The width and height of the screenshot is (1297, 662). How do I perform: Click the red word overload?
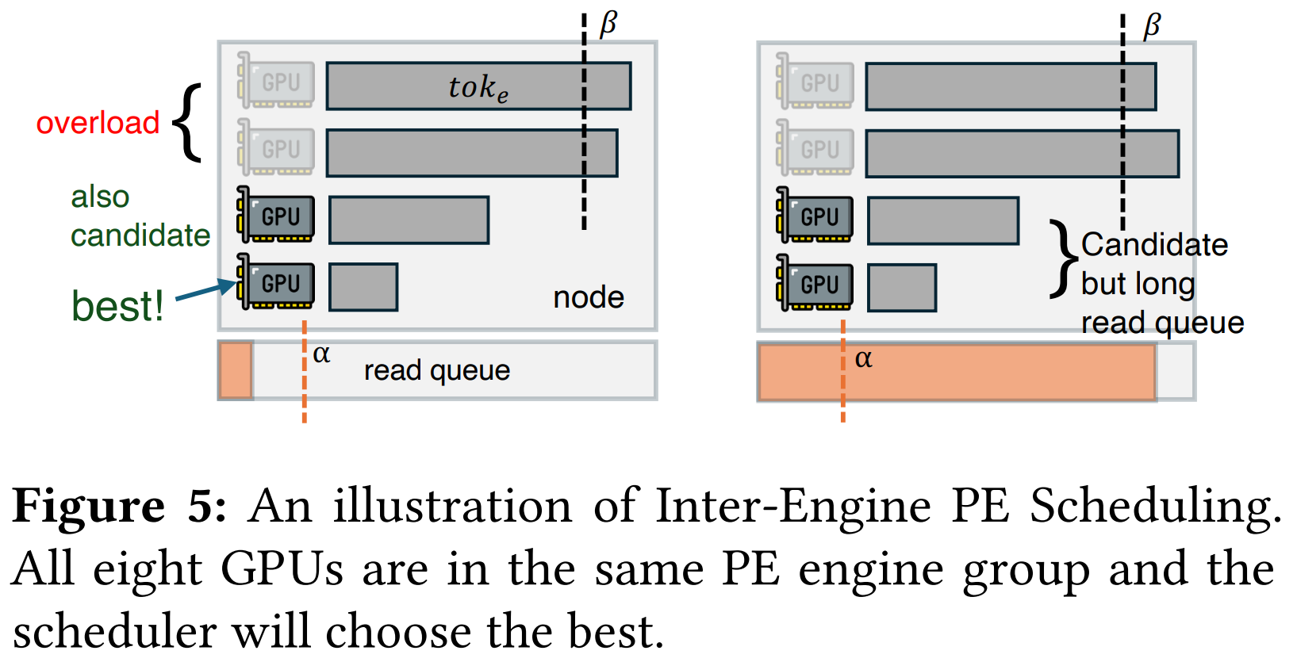[98, 123]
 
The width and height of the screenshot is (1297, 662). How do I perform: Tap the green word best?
[117, 305]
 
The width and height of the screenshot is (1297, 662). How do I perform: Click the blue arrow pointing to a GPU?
[205, 291]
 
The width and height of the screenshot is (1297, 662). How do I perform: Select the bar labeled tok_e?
[478, 86]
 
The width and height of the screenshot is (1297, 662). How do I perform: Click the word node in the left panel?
[588, 297]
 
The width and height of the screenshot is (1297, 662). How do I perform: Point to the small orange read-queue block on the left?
[236, 370]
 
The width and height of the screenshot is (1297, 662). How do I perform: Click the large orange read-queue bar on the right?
[956, 372]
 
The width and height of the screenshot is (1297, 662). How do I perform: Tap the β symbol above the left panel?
[608, 24]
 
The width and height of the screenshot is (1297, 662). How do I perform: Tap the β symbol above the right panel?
[1151, 25]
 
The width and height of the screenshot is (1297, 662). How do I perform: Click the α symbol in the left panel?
[321, 354]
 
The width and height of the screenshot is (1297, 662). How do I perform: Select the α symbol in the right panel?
[863, 359]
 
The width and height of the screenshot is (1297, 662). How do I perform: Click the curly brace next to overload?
[188, 122]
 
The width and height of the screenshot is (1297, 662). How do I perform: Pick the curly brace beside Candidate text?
[1063, 259]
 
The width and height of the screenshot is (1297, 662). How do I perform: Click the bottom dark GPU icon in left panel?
[275, 282]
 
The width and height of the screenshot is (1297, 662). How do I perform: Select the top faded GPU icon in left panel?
[275, 81]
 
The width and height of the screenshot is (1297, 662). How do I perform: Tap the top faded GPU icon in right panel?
[815, 82]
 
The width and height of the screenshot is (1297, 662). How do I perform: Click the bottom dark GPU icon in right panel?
[815, 283]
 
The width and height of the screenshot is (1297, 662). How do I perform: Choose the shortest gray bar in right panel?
[902, 288]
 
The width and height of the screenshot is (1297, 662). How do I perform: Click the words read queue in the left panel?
[436, 370]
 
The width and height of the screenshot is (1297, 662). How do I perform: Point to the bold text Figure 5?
[120, 506]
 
